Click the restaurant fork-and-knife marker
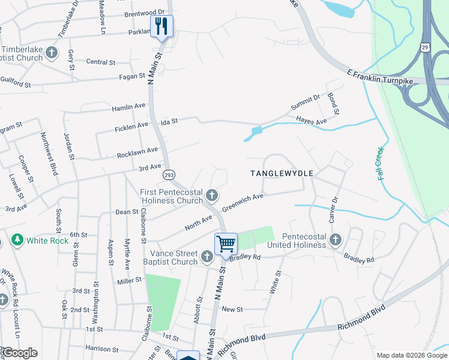[161, 26]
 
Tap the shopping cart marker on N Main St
[226, 244]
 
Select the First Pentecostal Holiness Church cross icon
[211, 194]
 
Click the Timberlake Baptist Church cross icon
[52, 53]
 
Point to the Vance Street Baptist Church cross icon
[207, 257]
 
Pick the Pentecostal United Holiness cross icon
[336, 240]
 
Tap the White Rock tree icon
[17, 240]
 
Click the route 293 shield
[169, 174]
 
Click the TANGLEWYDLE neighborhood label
[282, 173]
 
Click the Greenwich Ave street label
[243, 202]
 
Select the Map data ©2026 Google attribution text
[412, 355]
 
